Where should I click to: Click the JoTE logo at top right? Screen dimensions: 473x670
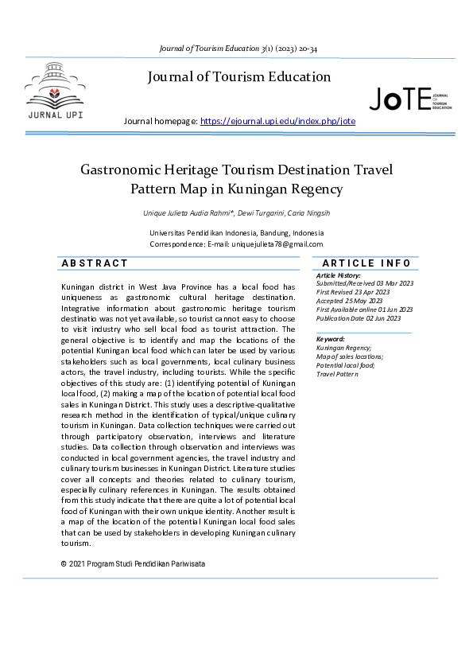click(409, 98)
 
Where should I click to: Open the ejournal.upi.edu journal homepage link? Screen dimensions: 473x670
click(277, 121)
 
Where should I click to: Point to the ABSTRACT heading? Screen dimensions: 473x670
click(95, 263)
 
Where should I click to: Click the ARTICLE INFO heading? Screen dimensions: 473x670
click(366, 263)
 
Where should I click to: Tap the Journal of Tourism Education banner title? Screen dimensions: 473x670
click(238, 77)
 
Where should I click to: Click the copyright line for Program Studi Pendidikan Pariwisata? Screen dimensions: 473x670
click(133, 563)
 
